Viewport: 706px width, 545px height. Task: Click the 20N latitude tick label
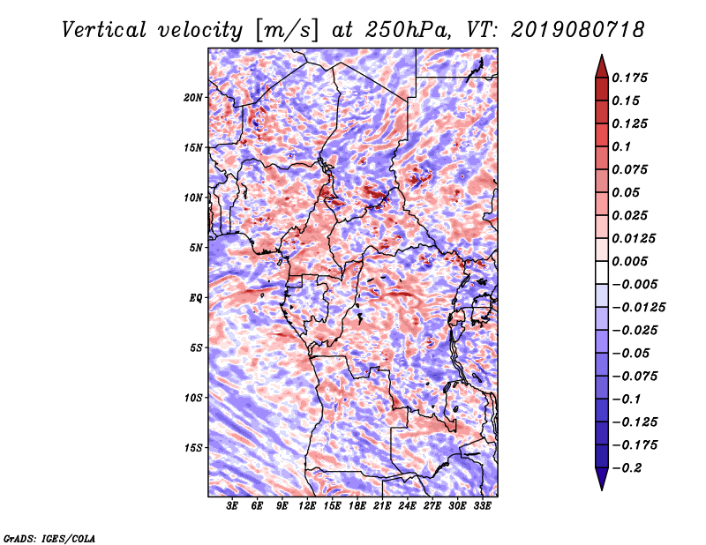point(193,97)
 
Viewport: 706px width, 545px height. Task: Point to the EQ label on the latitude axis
point(196,297)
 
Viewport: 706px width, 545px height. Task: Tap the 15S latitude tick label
point(193,447)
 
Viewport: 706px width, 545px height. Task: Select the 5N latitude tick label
point(196,248)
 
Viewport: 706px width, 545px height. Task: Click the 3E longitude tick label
point(233,506)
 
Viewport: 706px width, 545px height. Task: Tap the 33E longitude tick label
point(483,506)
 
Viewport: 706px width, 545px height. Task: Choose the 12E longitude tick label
point(308,506)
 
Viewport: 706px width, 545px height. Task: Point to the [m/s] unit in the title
point(285,30)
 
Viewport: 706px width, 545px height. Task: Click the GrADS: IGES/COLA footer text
point(49,536)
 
